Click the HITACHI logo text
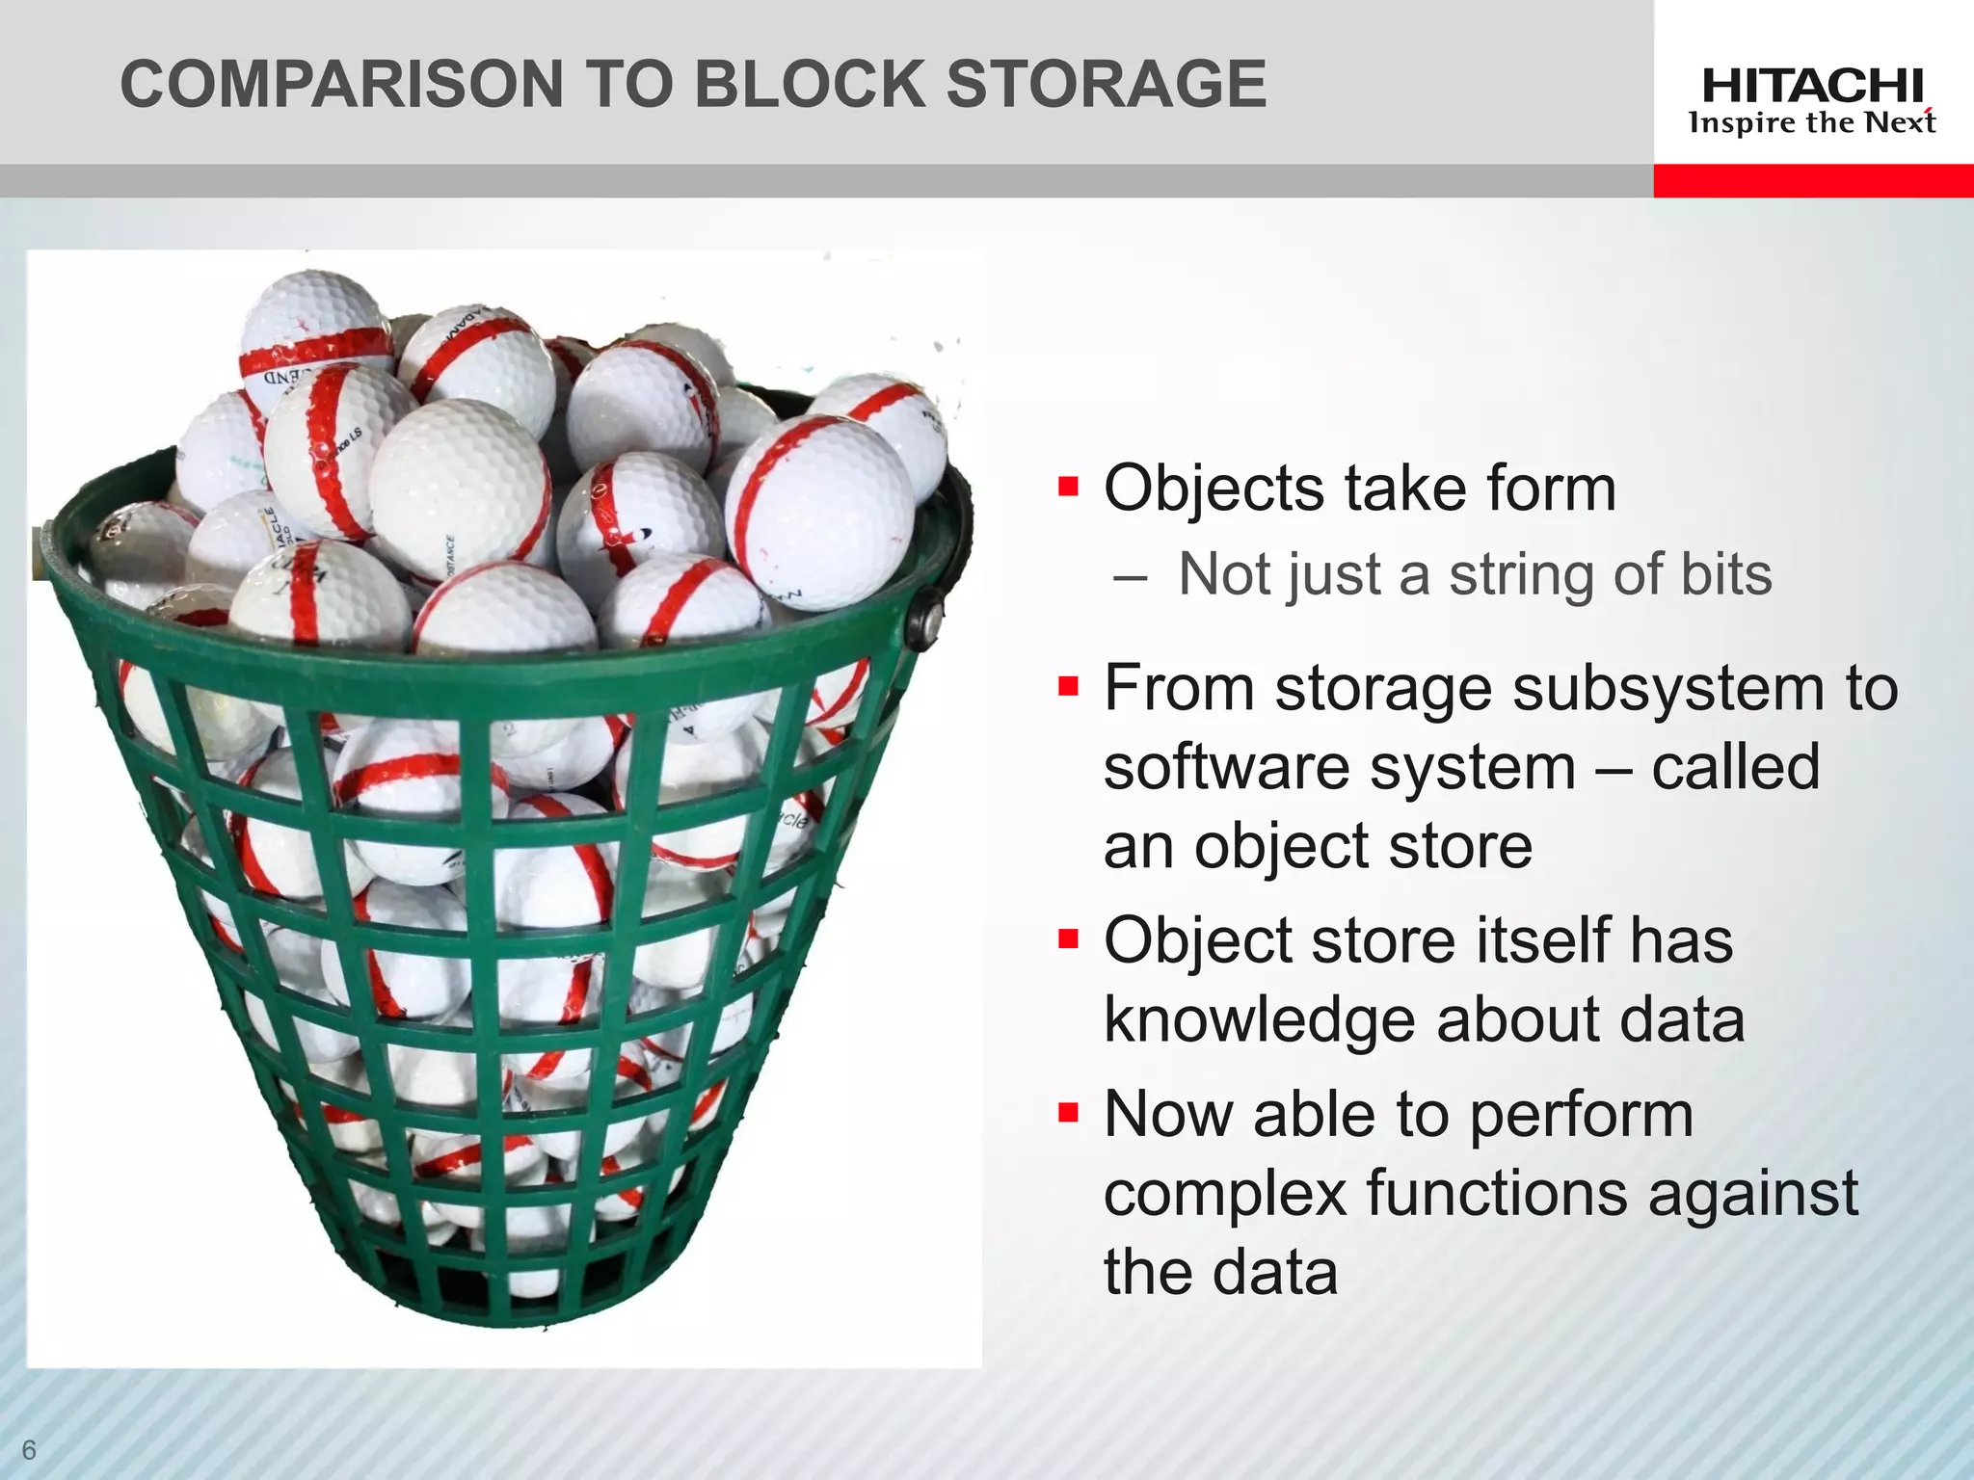point(1812,87)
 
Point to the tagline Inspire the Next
point(1812,123)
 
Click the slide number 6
point(29,1450)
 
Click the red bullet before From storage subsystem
point(1067,686)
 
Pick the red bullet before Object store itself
point(1067,938)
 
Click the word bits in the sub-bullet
point(1725,574)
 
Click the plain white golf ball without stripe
point(459,485)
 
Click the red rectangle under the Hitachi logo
point(1813,181)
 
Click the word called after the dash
point(1735,768)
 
